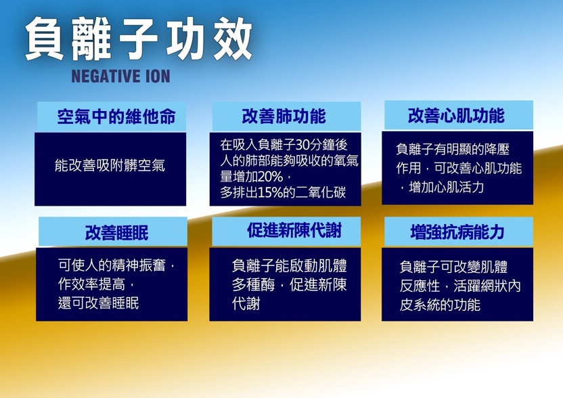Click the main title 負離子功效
pyautogui.click(x=139, y=38)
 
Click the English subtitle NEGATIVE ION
pyautogui.click(x=120, y=76)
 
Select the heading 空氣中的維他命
pyautogui.click(x=116, y=116)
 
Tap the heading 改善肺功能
pyautogui.click(x=284, y=116)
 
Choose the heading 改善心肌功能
pyautogui.click(x=456, y=115)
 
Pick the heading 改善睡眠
pyautogui.click(x=116, y=232)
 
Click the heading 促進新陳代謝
pyautogui.click(x=294, y=230)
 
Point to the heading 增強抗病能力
pyautogui.click(x=457, y=231)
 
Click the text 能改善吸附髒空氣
pyautogui.click(x=110, y=165)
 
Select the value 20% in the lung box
pyautogui.click(x=271, y=177)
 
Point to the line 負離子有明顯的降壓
pyautogui.click(x=453, y=149)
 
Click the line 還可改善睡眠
pyautogui.click(x=98, y=303)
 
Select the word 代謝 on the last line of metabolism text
pyautogui.click(x=246, y=304)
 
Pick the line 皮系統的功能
pyautogui.click(x=440, y=305)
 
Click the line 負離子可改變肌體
pyautogui.click(x=453, y=267)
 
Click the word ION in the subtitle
pyautogui.click(x=158, y=76)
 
